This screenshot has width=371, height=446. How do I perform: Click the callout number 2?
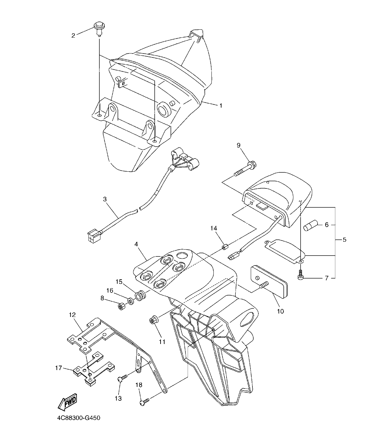(x=73, y=35)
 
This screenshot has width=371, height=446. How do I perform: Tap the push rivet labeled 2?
(x=98, y=27)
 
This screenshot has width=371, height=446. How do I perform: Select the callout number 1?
(x=221, y=106)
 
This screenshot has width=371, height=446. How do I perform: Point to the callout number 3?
(x=105, y=199)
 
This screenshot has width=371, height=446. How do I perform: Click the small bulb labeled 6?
(x=310, y=225)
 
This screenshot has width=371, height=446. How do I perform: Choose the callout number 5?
(x=344, y=240)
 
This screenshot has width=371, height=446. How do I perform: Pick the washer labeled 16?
(x=131, y=301)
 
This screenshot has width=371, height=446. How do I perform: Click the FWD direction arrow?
(x=67, y=402)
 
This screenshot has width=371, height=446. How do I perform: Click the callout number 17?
(x=58, y=368)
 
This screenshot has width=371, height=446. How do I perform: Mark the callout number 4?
(x=136, y=245)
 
